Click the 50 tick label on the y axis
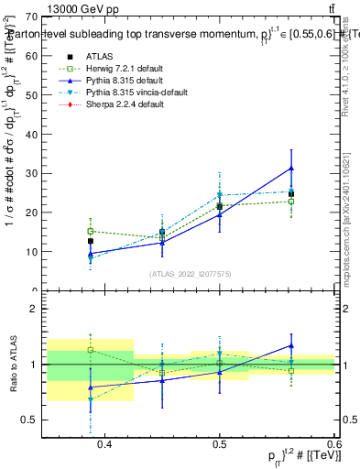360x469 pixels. (33, 94)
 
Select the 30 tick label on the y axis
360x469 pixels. (33, 173)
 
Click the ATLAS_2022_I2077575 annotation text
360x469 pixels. (191, 274)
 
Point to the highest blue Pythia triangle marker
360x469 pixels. (291, 169)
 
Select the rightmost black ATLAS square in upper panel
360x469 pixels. (291, 194)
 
